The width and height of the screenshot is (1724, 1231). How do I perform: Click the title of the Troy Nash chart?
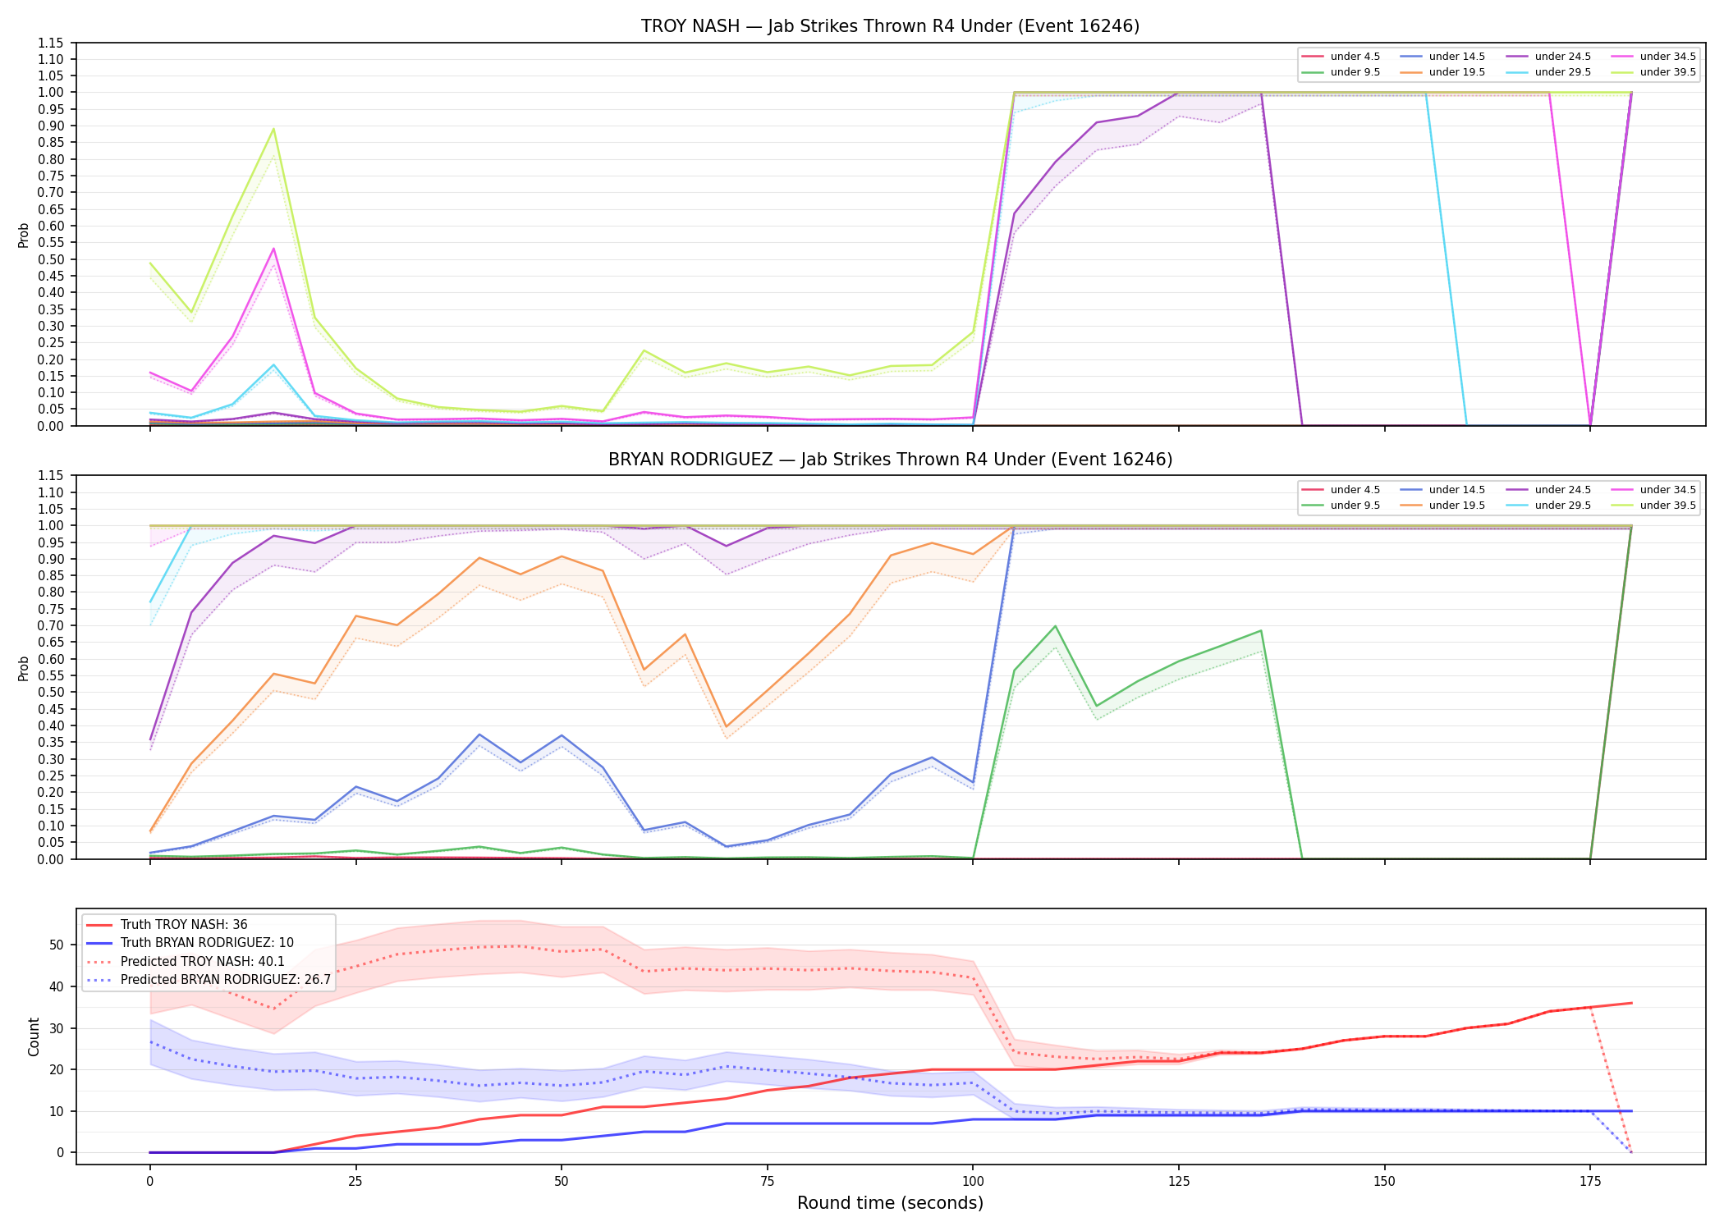tap(890, 26)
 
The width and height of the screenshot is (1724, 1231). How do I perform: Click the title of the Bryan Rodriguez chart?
tap(890, 460)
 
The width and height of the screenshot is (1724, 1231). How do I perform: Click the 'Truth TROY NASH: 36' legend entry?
tap(167, 925)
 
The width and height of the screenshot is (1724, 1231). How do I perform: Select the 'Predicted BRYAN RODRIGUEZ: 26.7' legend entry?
tap(209, 980)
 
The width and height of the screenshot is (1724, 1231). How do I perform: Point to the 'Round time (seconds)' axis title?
tap(890, 1203)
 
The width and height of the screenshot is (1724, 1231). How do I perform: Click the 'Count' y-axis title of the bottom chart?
tap(34, 1037)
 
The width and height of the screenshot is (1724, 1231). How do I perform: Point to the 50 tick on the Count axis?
tap(57, 945)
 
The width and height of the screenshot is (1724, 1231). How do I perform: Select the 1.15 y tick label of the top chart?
tap(50, 43)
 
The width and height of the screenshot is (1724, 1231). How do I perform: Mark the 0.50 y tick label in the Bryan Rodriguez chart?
tap(50, 693)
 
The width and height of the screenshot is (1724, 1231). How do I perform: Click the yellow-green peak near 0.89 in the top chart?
tap(273, 129)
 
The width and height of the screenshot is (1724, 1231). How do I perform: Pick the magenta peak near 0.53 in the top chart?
tap(273, 249)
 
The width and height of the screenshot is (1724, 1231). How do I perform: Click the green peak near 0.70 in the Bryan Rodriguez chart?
tap(1055, 626)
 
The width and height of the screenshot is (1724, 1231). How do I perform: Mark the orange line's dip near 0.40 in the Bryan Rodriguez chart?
tap(726, 727)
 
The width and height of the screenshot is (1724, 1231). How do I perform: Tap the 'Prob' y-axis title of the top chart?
tap(24, 236)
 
